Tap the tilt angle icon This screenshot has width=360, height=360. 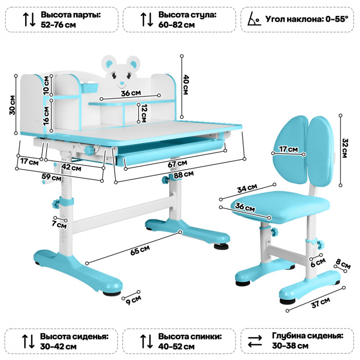coord(253,20)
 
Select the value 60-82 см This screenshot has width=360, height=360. coord(176,25)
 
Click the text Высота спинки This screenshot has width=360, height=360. coord(190,336)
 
